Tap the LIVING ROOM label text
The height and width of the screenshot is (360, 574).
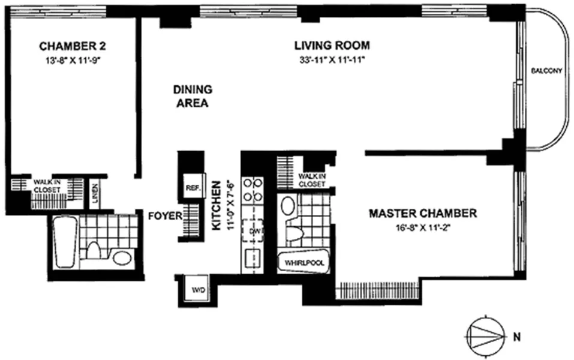click(332, 46)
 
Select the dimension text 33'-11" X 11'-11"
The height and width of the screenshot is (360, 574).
click(332, 60)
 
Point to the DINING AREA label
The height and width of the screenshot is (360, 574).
click(192, 96)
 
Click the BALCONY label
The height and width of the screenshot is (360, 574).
click(546, 71)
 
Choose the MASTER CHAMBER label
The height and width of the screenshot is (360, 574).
click(423, 213)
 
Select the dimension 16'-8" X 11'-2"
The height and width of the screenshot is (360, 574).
click(423, 227)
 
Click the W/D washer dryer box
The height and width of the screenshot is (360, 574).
click(197, 290)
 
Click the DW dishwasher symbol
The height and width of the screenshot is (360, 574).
click(255, 231)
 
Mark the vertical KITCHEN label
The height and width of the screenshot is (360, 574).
click(218, 204)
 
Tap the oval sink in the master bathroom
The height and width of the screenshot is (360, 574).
click(288, 206)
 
